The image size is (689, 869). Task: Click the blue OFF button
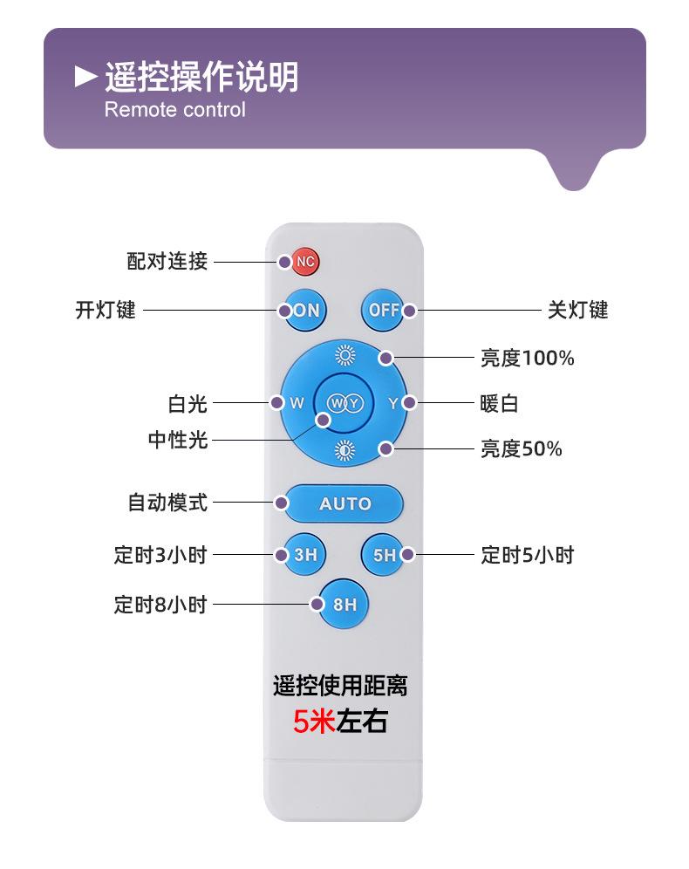tap(384, 310)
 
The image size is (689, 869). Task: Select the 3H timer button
tap(304, 554)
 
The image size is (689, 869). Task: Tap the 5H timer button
tap(384, 554)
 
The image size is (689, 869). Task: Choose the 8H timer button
tap(344, 604)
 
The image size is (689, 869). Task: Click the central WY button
tap(344, 402)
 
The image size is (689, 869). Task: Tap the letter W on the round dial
tap(297, 403)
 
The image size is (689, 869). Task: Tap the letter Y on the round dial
tap(392, 403)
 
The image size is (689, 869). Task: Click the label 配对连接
tap(167, 261)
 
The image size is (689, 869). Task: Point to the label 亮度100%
tap(527, 358)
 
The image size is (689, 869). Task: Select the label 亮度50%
tap(521, 449)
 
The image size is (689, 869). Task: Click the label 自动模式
tap(167, 503)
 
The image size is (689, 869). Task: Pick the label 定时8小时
tap(160, 604)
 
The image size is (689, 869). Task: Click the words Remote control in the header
tap(174, 110)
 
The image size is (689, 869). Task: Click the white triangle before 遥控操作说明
tap(85, 77)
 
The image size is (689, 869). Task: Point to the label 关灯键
tap(577, 310)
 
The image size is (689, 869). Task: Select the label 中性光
tap(177, 440)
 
